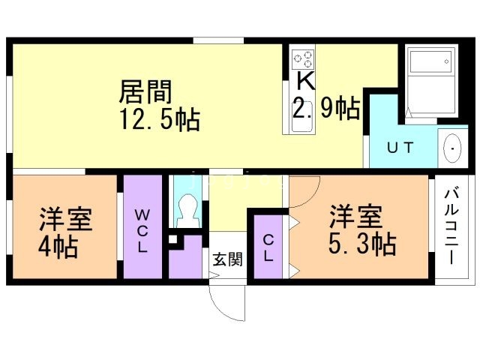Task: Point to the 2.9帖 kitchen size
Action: click(x=325, y=110)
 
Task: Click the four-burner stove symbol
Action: click(x=303, y=58)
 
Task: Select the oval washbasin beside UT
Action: click(x=453, y=148)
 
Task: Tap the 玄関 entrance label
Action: click(x=226, y=259)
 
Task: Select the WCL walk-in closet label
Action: click(x=142, y=230)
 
